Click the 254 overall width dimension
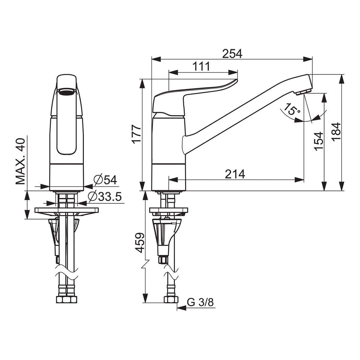pyautogui.click(x=232, y=54)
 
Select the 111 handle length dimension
pyautogui.click(x=201, y=66)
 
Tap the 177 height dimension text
pyautogui.click(x=136, y=134)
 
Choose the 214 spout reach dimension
pyautogui.click(x=235, y=174)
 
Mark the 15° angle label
pyautogui.click(x=292, y=109)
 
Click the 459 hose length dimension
pyautogui.click(x=140, y=242)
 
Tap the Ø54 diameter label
pyautogui.click(x=105, y=180)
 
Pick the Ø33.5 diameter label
pyautogui.click(x=105, y=196)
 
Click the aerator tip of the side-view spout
pyautogui.click(x=303, y=92)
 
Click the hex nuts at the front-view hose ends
pyautogui.click(x=67, y=299)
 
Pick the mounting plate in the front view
pyautogui.click(x=67, y=210)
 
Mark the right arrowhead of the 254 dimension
pyautogui.click(x=308, y=59)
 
